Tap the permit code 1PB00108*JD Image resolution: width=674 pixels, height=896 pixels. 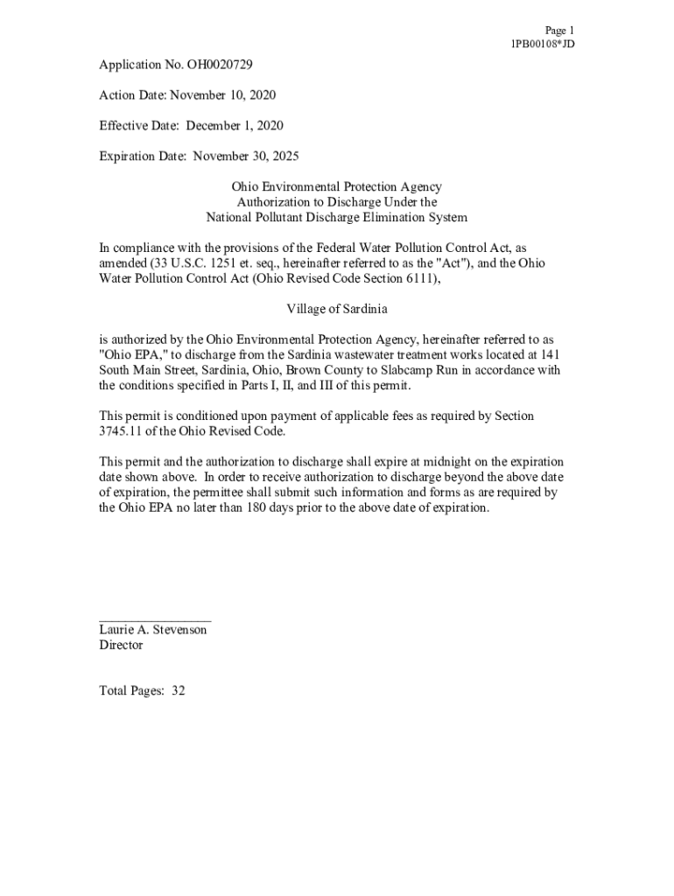click(x=543, y=44)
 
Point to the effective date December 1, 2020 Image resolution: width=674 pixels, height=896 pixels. click(x=235, y=126)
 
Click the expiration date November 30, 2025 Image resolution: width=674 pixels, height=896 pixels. click(x=246, y=157)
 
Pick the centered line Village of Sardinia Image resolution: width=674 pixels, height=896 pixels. click(x=337, y=309)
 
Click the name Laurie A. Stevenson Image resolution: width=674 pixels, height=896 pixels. click(x=153, y=630)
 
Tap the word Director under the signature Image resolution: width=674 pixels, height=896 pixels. click(x=121, y=646)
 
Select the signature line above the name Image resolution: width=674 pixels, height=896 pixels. click(x=155, y=619)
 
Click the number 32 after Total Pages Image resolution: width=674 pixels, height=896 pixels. click(x=179, y=690)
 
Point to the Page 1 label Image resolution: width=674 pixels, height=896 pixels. click(x=559, y=30)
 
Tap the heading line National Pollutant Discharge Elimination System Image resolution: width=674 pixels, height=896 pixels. click(x=337, y=217)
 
